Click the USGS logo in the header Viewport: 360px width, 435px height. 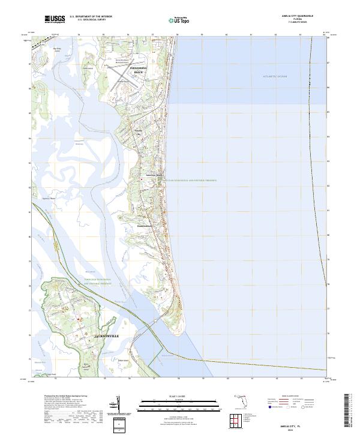[55, 19]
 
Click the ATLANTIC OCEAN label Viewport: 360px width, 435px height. [275, 77]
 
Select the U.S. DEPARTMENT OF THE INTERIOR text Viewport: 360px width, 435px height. [89, 17]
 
